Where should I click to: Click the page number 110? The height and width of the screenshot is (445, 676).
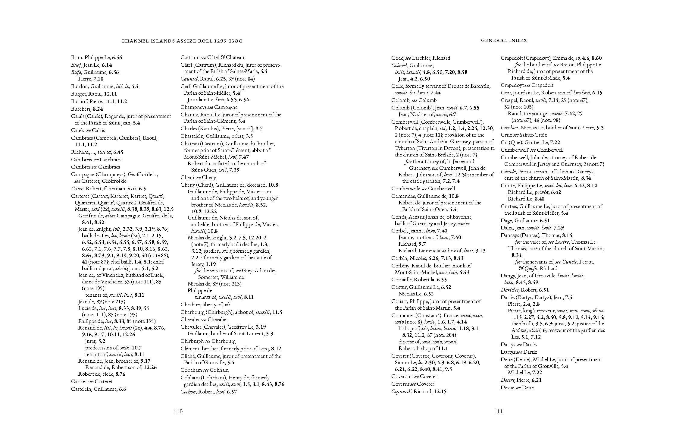pyautogui.click(x=178, y=412)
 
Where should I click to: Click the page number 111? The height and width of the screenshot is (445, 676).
pyautogui.click(x=498, y=412)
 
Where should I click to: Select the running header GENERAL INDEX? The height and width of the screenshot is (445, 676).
pyautogui.click(x=504, y=40)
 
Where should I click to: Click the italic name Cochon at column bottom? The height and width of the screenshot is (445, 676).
pyautogui.click(x=188, y=392)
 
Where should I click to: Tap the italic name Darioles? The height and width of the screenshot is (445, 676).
pyautogui.click(x=509, y=290)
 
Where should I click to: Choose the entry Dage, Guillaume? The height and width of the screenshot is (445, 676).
pyautogui.click(x=518, y=220)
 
